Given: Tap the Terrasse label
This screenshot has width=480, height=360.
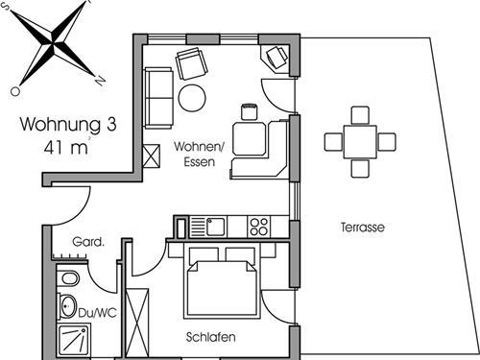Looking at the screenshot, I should coord(362,228).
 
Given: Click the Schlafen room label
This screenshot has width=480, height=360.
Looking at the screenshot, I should coord(212,338).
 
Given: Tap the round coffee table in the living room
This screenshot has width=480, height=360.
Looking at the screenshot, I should coord(192,97).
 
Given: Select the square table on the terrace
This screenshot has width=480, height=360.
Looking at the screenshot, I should coord(360,141).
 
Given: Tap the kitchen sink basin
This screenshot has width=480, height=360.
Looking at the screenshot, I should coord(215,227).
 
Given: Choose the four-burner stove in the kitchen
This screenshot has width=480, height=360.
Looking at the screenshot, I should coord(258,227).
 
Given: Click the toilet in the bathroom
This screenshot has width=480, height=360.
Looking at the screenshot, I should coord(68,280).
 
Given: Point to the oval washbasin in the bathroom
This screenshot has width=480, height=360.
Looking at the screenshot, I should coord(68,308).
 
